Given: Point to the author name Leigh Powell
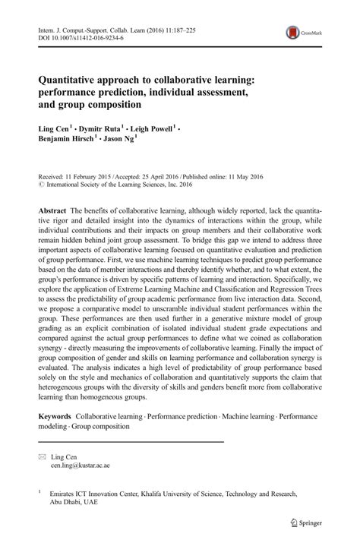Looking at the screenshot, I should tap(152, 128).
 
